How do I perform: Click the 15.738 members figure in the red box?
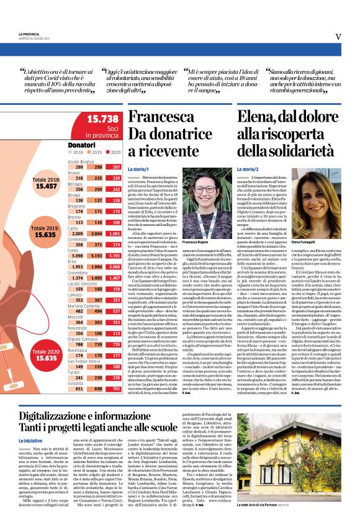tap(102, 119)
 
